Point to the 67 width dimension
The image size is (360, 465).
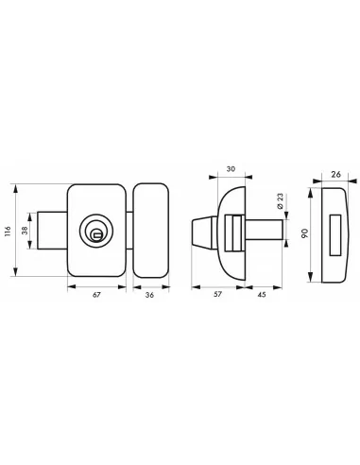click(x=96, y=295)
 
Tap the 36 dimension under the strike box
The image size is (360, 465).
click(x=149, y=295)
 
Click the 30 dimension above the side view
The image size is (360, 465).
click(x=233, y=171)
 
